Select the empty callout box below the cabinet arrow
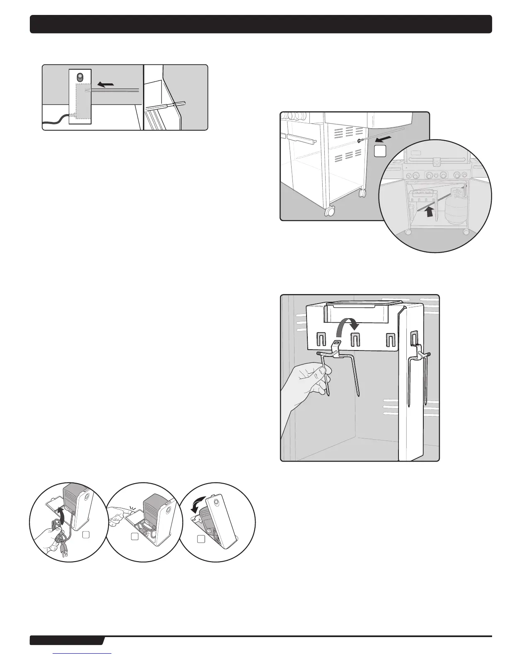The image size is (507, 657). (380, 151)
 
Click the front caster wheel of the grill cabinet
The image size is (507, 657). (331, 212)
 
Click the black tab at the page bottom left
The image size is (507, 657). (66, 641)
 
